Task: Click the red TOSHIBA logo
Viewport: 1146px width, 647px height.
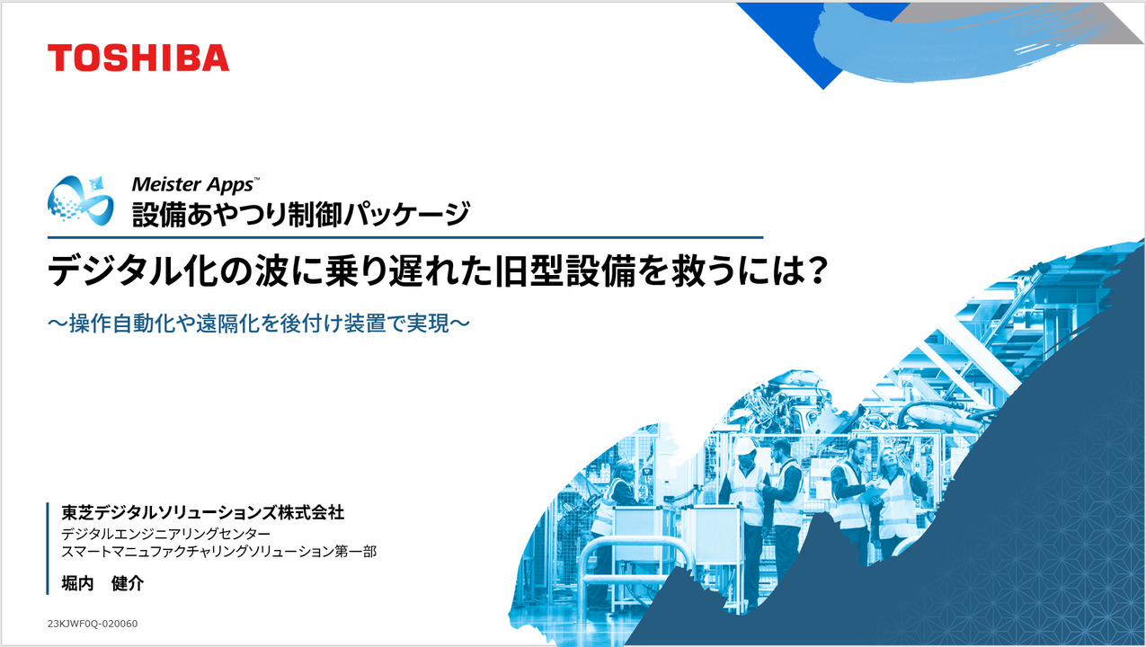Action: click(138, 58)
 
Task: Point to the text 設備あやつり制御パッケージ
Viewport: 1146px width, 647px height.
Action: click(300, 214)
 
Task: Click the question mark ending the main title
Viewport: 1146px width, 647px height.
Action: click(813, 271)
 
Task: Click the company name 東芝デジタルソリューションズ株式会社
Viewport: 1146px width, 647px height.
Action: click(202, 513)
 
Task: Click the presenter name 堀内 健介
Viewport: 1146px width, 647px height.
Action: click(102, 582)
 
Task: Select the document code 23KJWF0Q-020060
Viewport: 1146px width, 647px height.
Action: click(92, 624)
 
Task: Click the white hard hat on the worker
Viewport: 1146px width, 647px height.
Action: click(745, 445)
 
